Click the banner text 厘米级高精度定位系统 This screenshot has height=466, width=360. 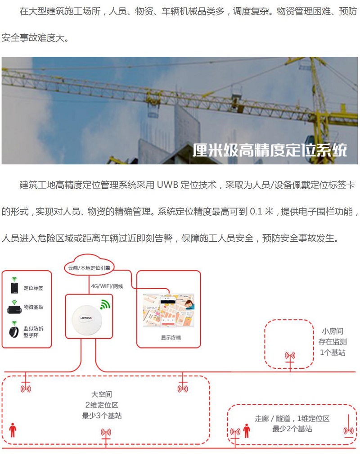270,150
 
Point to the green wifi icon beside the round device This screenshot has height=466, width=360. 105,304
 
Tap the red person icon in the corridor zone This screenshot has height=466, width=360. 246,431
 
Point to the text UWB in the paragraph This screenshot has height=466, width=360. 167,185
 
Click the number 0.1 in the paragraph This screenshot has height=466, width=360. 256,212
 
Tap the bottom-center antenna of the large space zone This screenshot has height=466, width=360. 106,435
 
